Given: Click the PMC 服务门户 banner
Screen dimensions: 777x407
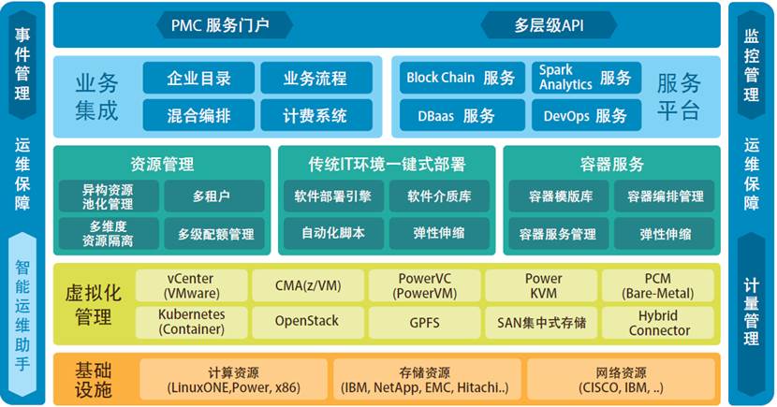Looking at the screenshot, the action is coord(224,25).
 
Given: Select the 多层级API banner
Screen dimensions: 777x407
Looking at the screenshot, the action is coord(550,25).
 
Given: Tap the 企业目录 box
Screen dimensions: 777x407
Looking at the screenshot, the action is coord(198,78).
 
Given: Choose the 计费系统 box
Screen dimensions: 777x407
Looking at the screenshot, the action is coord(316,115).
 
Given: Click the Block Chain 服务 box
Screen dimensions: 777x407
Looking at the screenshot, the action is coord(462,78).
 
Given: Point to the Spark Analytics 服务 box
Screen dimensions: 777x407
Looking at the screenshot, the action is coord(586,78).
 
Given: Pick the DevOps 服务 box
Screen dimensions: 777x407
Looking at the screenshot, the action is coord(586,115).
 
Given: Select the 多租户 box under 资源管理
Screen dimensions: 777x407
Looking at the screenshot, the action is coord(214,196).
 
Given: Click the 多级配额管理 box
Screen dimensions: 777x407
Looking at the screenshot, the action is coord(214,234).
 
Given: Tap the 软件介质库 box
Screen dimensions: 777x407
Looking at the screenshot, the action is coord(440,196).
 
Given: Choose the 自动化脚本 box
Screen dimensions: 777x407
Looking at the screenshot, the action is coord(333,234).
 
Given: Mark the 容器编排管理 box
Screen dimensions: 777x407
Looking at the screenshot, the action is coord(665,196).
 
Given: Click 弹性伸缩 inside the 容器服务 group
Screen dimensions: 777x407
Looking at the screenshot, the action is coord(665,234).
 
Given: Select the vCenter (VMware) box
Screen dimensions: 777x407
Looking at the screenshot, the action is coord(192,285).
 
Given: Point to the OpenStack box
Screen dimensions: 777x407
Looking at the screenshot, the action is coord(308,323).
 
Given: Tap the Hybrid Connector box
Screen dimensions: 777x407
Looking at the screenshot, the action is coord(658,323).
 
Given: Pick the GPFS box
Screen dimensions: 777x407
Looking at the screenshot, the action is coord(425,323).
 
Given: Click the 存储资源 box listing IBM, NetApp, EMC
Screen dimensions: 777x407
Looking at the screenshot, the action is coord(425,380).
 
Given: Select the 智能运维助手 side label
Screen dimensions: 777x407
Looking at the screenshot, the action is coord(22,315).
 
